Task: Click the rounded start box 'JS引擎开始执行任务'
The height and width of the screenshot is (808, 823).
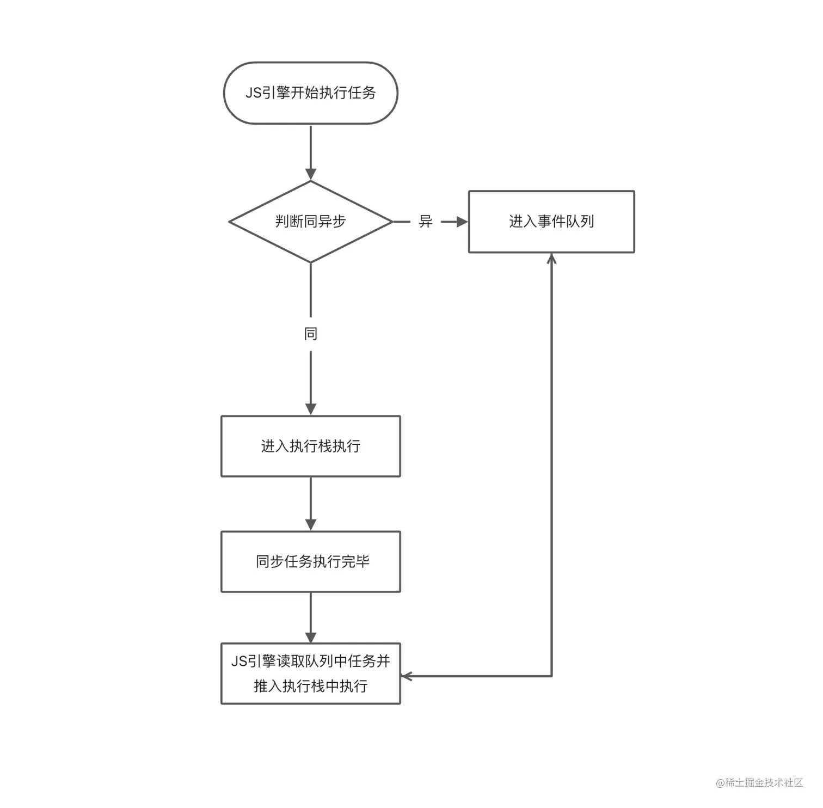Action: point(311,93)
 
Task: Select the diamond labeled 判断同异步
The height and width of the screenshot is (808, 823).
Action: point(311,222)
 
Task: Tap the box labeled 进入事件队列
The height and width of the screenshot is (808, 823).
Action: point(551,222)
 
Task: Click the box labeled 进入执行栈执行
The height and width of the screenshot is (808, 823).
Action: point(311,446)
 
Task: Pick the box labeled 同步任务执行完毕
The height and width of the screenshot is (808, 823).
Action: point(311,561)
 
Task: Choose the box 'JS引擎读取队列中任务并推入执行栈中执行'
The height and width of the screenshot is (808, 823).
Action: point(311,674)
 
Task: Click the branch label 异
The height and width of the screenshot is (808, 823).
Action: point(426,222)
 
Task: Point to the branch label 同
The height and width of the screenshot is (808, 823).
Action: point(311,334)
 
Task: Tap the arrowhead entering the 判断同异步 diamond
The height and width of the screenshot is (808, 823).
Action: point(311,175)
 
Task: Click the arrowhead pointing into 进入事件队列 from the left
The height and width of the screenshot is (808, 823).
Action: point(462,222)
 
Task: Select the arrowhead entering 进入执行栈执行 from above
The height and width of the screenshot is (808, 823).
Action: point(311,409)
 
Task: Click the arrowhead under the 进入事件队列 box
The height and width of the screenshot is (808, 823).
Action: point(551,259)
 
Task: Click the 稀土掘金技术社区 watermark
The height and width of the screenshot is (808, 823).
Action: point(760,782)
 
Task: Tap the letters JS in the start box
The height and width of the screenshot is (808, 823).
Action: point(254,93)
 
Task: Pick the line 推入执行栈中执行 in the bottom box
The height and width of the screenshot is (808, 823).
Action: point(311,686)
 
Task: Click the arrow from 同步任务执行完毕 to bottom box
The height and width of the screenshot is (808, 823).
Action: point(311,617)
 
